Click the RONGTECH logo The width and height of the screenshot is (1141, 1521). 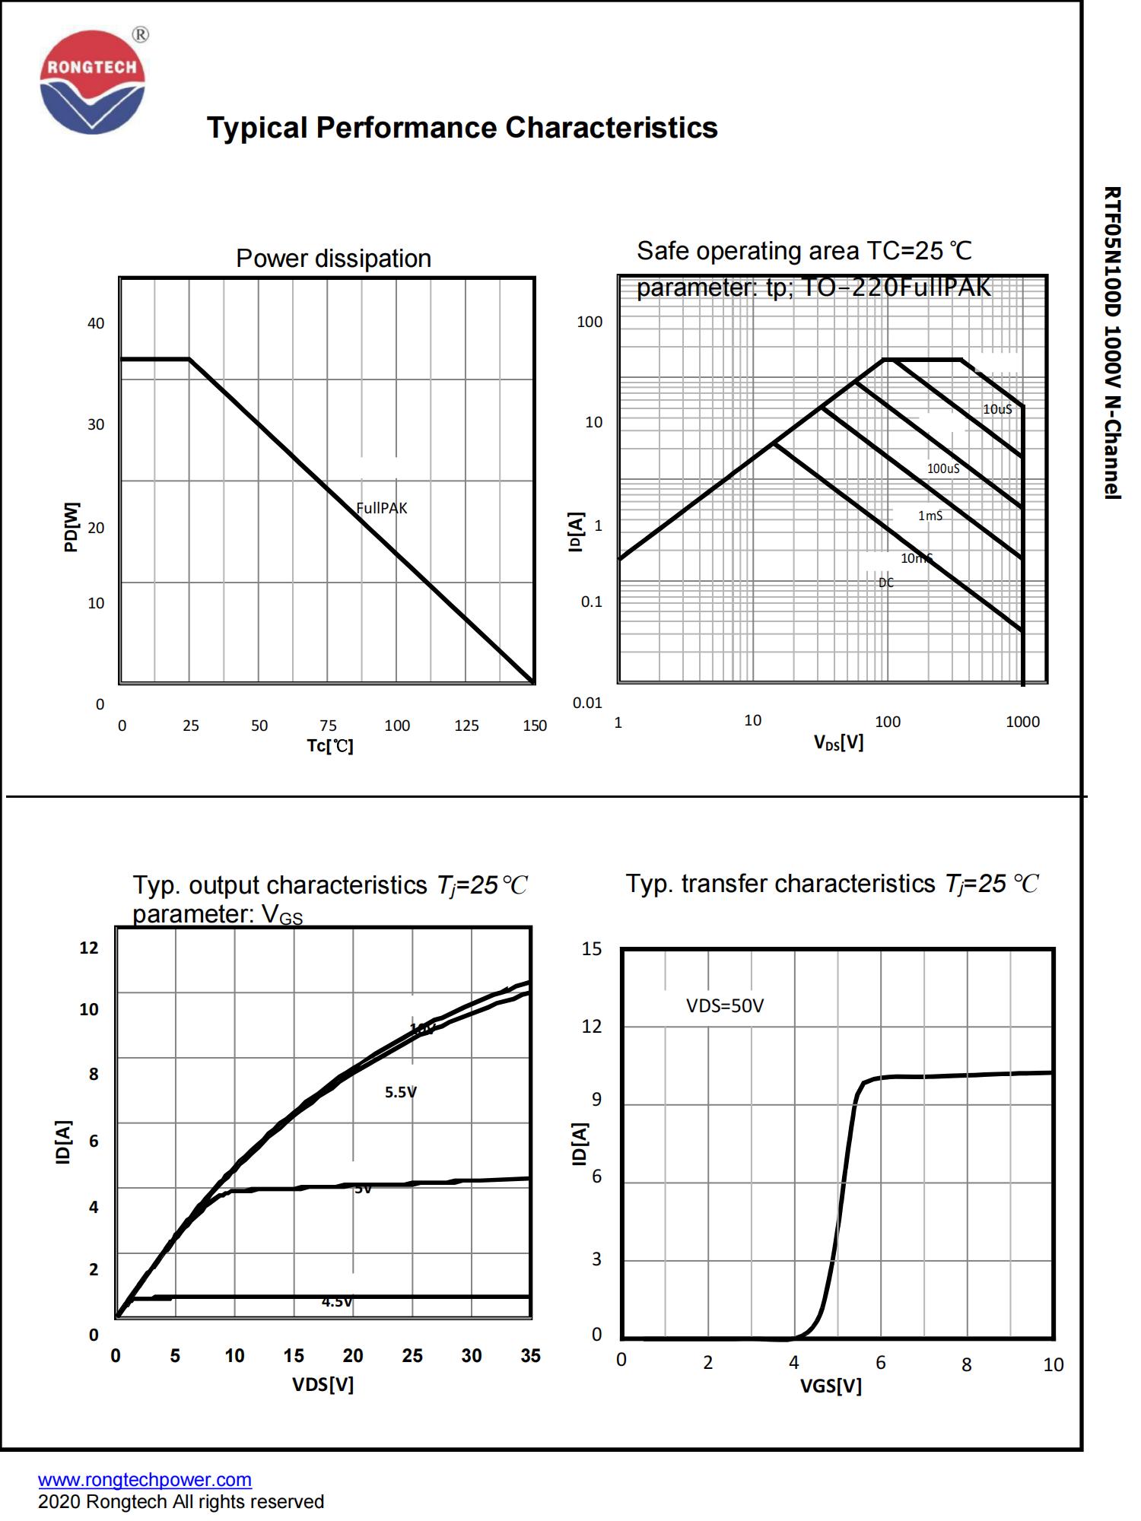[x=92, y=82]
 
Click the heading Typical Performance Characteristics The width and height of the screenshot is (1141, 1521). [x=462, y=128]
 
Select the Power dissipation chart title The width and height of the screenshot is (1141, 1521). [x=333, y=259]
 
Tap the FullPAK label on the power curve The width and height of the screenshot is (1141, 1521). [x=382, y=508]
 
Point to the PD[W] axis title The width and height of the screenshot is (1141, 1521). [x=71, y=526]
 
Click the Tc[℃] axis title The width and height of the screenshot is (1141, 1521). [x=330, y=746]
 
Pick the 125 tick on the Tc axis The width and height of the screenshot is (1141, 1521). [x=466, y=726]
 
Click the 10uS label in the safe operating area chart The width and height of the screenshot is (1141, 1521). [x=997, y=409]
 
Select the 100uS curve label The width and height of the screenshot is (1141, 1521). [x=943, y=468]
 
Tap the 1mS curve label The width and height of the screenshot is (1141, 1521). [x=930, y=516]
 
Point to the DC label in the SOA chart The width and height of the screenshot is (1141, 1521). [x=886, y=583]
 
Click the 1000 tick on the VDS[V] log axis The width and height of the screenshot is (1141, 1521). [x=1022, y=722]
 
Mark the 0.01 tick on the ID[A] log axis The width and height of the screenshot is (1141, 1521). [x=587, y=703]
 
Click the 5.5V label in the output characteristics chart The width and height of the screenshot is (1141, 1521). [x=400, y=1092]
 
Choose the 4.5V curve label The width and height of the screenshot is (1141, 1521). [x=336, y=1301]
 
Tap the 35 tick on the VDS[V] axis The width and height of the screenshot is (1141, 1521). [x=530, y=1355]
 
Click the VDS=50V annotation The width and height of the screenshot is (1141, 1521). [x=725, y=1005]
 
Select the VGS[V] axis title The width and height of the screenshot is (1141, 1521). [x=831, y=1386]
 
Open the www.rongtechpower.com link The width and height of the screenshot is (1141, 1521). [x=145, y=1479]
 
